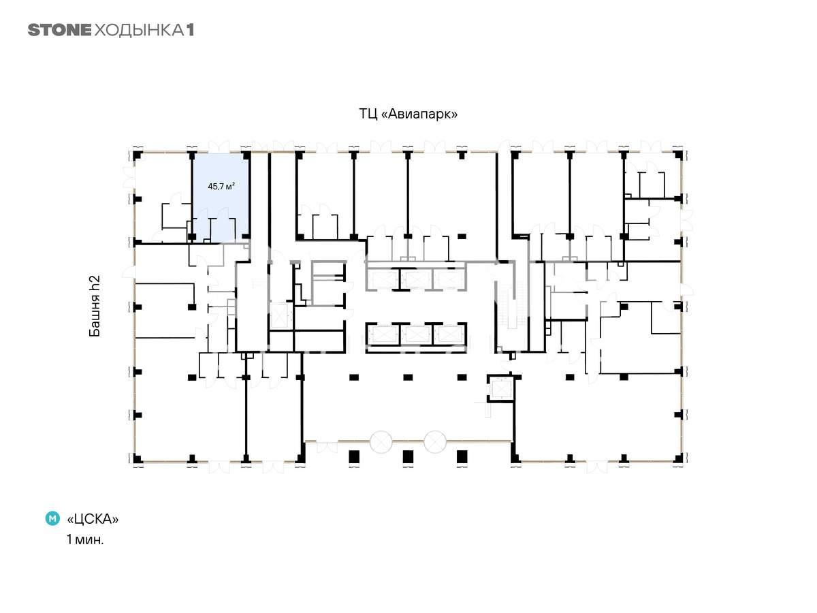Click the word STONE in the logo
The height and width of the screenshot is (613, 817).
tap(59, 30)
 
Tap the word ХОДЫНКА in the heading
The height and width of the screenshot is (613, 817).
tap(139, 31)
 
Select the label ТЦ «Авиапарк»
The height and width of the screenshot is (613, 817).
tap(408, 114)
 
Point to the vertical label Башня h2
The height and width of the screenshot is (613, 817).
tap(95, 306)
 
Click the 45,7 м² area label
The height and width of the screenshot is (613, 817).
tap(221, 186)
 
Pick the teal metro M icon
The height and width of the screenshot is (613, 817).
tap(52, 518)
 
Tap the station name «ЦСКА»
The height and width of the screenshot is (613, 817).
tap(93, 518)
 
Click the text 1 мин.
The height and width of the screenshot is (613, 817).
tap(85, 539)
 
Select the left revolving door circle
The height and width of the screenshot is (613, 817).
tap(381, 442)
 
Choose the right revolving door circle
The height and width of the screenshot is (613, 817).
tap(435, 442)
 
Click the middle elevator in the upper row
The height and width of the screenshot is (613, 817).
tap(416, 279)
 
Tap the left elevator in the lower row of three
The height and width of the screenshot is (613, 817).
tap(383, 334)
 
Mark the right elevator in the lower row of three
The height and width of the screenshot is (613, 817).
tap(449, 334)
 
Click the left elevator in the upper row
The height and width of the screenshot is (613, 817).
tap(383, 279)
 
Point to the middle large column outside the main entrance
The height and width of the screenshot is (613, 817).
tap(408, 456)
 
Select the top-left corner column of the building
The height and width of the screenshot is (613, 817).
tap(138, 155)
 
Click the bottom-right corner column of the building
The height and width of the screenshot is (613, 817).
tap(678, 458)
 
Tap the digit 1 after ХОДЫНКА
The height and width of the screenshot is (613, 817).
tap(190, 31)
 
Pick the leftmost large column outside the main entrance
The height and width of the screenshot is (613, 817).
tap(354, 456)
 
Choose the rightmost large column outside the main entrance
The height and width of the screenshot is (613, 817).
tap(462, 456)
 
